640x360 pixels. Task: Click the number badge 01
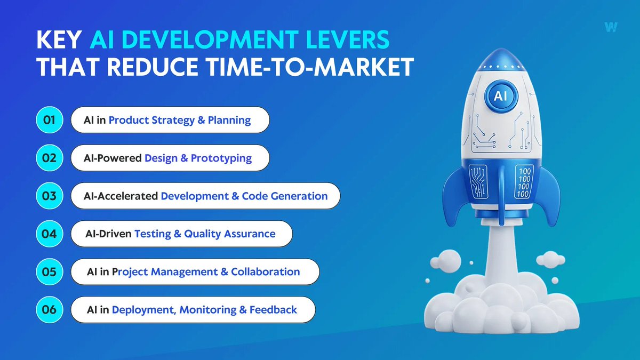49,120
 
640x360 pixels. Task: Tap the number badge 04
49,234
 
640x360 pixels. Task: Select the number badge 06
49,309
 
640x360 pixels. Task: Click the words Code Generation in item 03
285,196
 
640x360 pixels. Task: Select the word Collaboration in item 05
265,271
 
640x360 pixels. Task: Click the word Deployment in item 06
142,309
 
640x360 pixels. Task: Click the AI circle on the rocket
500,96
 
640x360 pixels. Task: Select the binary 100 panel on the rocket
525,182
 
